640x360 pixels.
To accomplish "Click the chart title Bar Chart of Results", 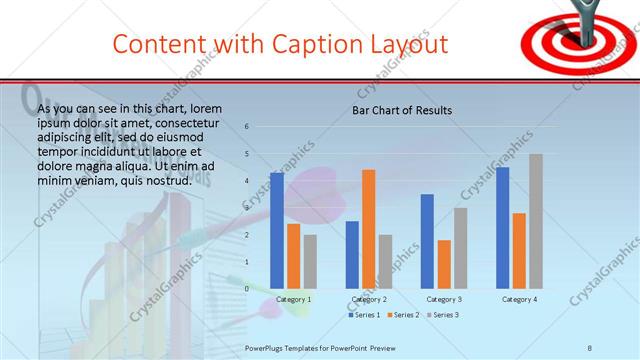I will click(x=401, y=110).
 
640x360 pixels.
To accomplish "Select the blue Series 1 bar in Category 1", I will click(x=277, y=230).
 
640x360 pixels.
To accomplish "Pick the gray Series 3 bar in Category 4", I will click(x=535, y=221).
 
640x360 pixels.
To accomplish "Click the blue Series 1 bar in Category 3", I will click(x=427, y=241).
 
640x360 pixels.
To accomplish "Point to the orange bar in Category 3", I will click(x=444, y=264).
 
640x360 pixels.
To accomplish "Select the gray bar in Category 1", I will click(x=310, y=261).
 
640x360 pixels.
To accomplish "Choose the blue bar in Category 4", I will click(x=502, y=227).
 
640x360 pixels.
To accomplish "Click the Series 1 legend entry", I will click(x=363, y=315).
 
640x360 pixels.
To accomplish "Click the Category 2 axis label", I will click(x=369, y=299).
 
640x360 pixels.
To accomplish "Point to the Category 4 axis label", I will click(x=518, y=299).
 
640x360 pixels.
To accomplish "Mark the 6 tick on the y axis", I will click(x=245, y=127).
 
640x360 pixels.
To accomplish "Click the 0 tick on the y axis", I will click(x=245, y=288).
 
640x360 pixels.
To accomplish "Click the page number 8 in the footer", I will click(x=589, y=347).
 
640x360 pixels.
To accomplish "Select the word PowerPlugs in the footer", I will click(x=265, y=347).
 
